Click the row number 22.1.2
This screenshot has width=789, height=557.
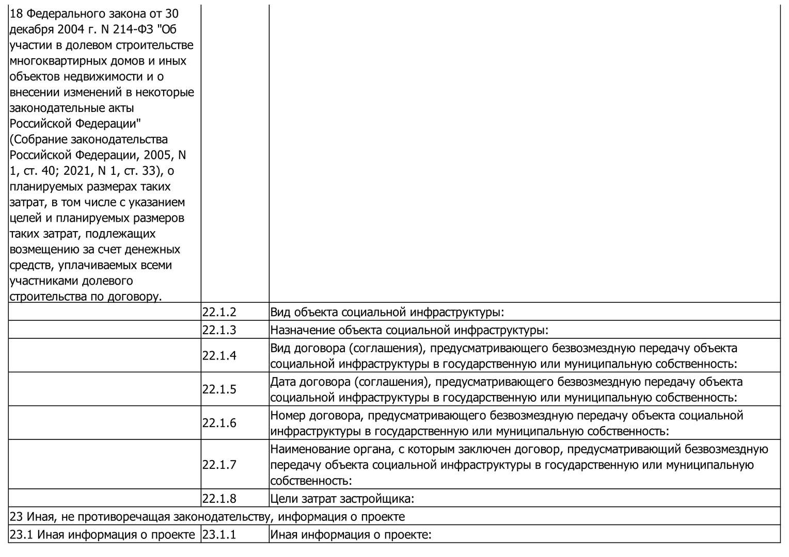point(219,312)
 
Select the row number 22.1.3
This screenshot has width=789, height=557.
point(219,330)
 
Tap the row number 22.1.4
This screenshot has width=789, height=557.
point(219,356)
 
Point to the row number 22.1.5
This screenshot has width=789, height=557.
point(219,389)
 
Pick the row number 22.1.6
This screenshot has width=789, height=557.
point(219,423)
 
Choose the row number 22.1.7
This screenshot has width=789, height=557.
point(219,465)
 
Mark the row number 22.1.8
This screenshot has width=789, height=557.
point(219,499)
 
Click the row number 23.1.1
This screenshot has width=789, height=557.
point(219,535)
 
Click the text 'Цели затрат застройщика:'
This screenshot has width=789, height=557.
point(342,499)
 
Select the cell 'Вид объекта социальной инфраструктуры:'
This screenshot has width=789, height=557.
point(387,312)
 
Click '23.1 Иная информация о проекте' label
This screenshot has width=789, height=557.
point(102,535)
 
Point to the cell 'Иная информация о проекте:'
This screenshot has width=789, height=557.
point(351,535)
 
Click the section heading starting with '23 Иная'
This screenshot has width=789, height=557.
point(207,517)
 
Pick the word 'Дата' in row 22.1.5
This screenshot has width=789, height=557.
point(283,382)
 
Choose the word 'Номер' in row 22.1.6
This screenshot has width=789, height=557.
point(288,416)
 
